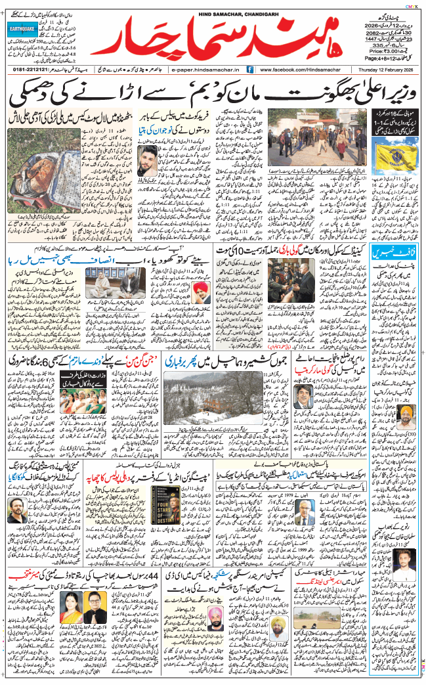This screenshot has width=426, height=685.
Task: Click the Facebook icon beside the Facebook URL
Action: click(251, 68)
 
